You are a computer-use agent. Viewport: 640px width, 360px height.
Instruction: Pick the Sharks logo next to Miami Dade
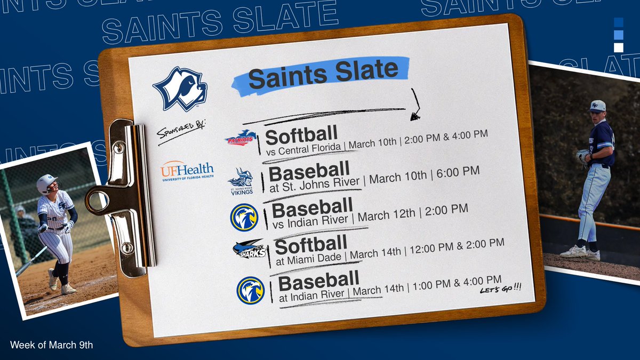tap(249, 249)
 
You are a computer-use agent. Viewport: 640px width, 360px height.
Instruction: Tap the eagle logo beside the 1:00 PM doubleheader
tap(250, 290)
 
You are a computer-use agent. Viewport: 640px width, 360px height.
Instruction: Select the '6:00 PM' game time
tap(458, 172)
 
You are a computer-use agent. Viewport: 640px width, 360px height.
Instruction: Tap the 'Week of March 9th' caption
tap(51, 345)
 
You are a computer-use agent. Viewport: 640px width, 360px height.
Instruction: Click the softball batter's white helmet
tap(47, 184)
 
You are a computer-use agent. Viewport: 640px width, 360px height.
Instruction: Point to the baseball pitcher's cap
tap(597, 105)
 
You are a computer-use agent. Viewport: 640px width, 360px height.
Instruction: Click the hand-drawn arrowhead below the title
tap(415, 115)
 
